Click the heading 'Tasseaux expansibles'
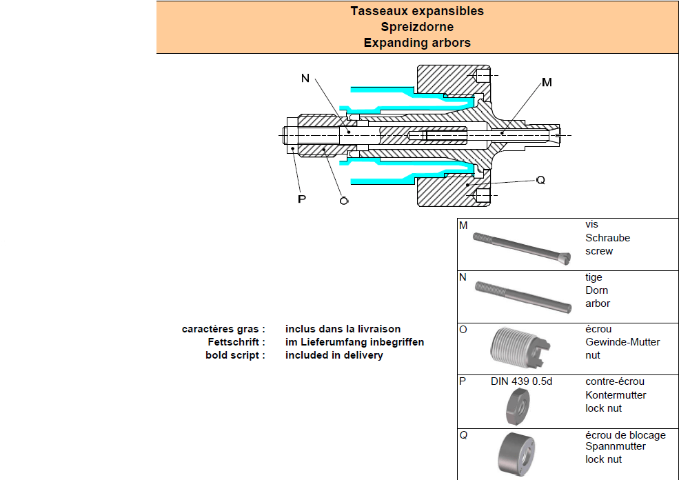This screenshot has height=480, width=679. [417, 11]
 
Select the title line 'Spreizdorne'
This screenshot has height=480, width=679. [417, 27]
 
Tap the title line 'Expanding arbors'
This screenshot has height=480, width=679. [417, 43]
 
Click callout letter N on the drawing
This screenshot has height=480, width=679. [305, 79]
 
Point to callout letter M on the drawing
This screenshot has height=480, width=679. [547, 82]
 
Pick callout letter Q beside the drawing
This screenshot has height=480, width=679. [540, 180]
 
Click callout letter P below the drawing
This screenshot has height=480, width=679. [302, 199]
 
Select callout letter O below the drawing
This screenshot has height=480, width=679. [344, 201]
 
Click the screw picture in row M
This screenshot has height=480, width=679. [522, 249]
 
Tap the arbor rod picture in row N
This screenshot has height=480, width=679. [523, 297]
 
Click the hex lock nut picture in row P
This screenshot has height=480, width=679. [518, 407]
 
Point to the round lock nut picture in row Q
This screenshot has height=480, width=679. [516, 454]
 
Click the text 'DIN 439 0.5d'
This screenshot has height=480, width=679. [521, 381]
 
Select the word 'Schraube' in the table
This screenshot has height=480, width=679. [607, 238]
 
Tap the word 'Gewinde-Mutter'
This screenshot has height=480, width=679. [622, 342]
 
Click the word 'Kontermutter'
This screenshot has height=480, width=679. [616, 395]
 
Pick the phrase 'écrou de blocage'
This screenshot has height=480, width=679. [626, 435]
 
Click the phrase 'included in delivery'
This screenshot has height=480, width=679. [334, 355]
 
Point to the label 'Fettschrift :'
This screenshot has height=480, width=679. [236, 342]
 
